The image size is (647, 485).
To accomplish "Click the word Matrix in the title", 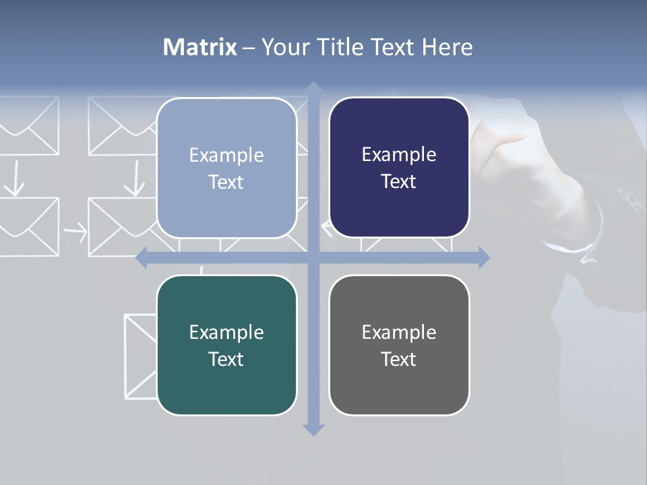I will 200,47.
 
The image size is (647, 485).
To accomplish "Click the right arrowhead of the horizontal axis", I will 484,257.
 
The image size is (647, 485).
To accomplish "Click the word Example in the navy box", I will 399,154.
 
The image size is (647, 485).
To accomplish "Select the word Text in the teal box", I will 226,359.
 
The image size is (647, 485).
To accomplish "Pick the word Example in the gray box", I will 399,332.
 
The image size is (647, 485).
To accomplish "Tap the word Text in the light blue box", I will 226,182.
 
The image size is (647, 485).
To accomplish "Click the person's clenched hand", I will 519,162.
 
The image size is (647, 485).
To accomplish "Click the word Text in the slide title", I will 395,47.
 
